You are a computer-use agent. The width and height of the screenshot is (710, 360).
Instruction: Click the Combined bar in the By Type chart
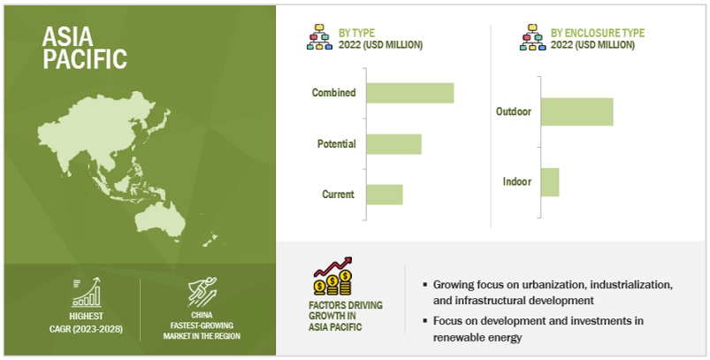tap(410, 93)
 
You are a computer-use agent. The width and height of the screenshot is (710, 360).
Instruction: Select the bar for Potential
tap(394, 144)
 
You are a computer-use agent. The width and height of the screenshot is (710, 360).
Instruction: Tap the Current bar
tap(385, 195)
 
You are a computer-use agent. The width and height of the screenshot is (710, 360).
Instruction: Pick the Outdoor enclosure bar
tap(576, 111)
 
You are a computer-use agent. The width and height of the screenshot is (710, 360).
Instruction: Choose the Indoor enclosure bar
tap(550, 182)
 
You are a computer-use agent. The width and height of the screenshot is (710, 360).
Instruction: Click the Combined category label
tap(333, 93)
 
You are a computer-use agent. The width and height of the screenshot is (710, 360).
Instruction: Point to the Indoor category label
tap(516, 181)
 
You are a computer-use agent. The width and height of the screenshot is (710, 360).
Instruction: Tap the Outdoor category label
tap(514, 111)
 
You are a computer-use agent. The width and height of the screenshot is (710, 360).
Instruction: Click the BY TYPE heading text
tap(356, 33)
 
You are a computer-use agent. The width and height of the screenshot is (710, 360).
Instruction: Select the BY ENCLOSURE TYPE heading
tap(597, 33)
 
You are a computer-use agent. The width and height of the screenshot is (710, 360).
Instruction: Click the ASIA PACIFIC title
tap(85, 48)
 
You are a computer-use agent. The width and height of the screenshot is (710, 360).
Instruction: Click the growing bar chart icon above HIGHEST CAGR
tap(87, 293)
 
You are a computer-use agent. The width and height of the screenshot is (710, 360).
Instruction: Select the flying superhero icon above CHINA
tap(202, 292)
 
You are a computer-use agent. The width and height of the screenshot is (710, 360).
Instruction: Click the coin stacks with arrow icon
tap(333, 276)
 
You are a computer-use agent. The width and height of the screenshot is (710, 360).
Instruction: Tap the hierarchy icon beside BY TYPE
tap(320, 36)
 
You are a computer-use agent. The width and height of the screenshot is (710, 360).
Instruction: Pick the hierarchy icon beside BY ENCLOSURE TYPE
tap(532, 36)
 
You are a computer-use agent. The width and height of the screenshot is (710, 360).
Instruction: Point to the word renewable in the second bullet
tap(456, 337)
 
